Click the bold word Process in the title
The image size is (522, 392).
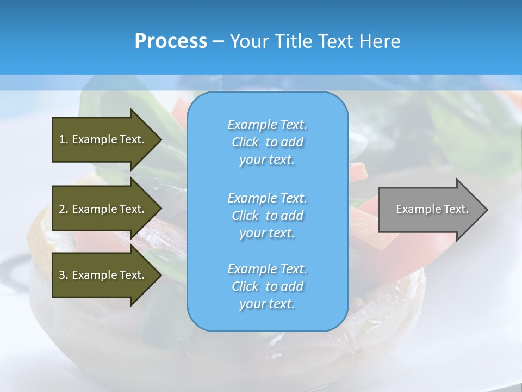click(171, 41)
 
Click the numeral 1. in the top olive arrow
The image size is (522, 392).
click(64, 139)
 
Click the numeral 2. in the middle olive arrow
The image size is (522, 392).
click(64, 209)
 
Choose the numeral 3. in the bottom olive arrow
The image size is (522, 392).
click(64, 275)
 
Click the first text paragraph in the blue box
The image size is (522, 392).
click(267, 142)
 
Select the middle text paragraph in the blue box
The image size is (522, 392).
click(267, 215)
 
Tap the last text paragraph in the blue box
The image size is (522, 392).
click(267, 286)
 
